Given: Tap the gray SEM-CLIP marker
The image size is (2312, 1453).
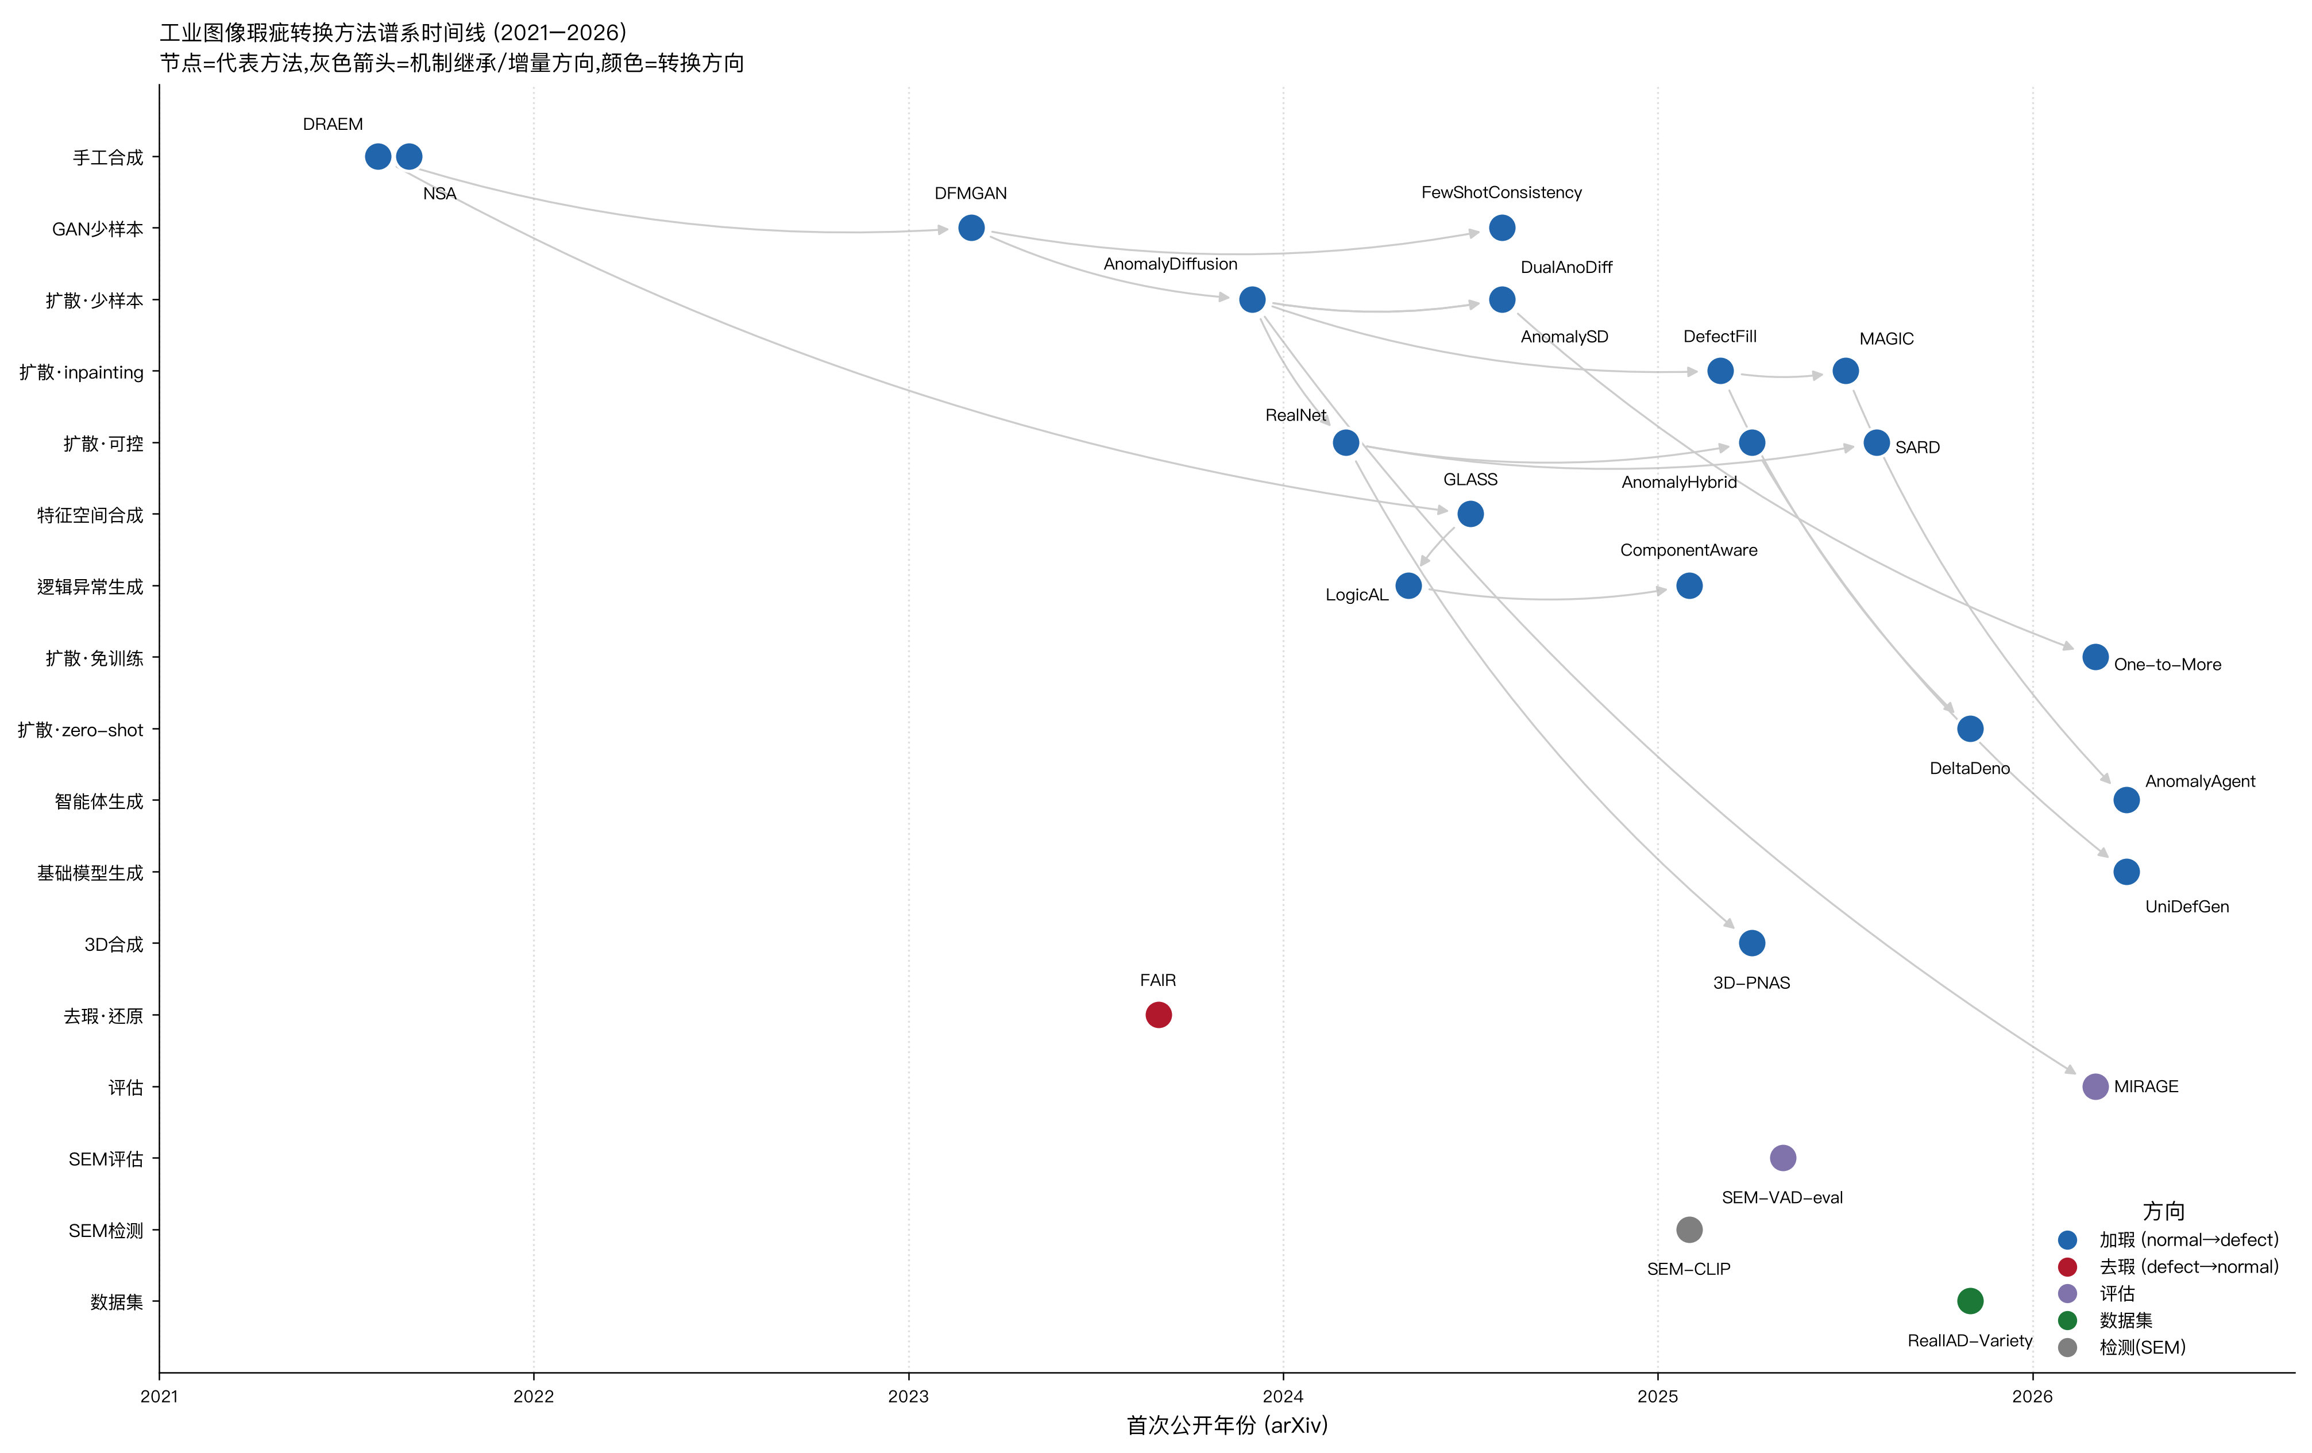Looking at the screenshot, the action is point(1689,1230).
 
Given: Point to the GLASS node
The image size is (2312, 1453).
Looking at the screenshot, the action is point(1470,514).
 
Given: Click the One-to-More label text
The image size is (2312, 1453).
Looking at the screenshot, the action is point(2167,665).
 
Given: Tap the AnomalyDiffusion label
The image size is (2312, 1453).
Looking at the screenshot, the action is point(1171,264).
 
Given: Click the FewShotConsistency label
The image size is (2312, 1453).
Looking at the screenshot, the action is point(1502,192).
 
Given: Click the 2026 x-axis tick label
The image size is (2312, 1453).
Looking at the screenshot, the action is point(2033,1396).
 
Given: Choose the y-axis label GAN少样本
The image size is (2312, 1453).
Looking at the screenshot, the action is point(98,229).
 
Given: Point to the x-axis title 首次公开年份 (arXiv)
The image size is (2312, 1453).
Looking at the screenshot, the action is point(1227,1425).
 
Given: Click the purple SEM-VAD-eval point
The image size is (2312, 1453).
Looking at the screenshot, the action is point(1782,1158).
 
